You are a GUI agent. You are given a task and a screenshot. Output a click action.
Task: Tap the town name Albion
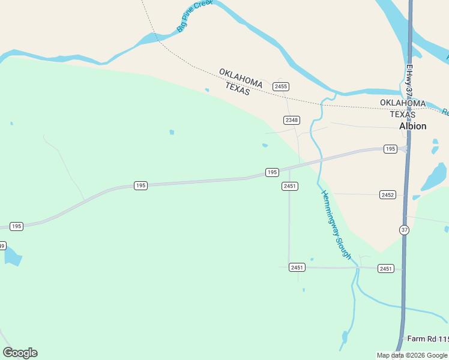point(413,126)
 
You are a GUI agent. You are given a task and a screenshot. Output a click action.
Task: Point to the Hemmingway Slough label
point(336,224)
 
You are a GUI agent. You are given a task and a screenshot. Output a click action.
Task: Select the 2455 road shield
point(281,86)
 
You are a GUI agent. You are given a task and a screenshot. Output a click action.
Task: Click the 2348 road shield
point(292,120)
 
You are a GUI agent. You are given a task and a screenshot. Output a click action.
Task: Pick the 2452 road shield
point(388,194)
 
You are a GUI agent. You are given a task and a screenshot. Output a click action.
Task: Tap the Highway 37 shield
point(405,230)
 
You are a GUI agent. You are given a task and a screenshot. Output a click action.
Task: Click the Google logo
point(20,353)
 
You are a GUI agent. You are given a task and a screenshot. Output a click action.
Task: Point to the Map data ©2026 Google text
point(412,355)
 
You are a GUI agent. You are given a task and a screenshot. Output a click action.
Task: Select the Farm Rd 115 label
point(427,339)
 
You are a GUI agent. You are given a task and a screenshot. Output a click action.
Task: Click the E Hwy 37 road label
point(409,81)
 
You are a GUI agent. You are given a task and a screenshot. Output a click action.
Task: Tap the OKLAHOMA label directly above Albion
point(403,103)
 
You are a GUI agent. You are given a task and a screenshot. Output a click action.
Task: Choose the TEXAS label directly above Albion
point(402,114)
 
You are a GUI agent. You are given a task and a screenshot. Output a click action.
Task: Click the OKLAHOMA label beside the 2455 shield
point(241,77)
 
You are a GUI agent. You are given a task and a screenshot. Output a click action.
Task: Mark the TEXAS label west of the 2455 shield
point(237,89)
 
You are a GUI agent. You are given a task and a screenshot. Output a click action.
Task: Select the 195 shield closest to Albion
point(390,149)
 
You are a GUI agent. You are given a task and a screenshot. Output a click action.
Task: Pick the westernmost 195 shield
point(16,226)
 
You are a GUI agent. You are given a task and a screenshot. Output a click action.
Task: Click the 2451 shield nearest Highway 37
point(386,268)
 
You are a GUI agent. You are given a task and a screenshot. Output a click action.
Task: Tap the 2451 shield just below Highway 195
point(290,186)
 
